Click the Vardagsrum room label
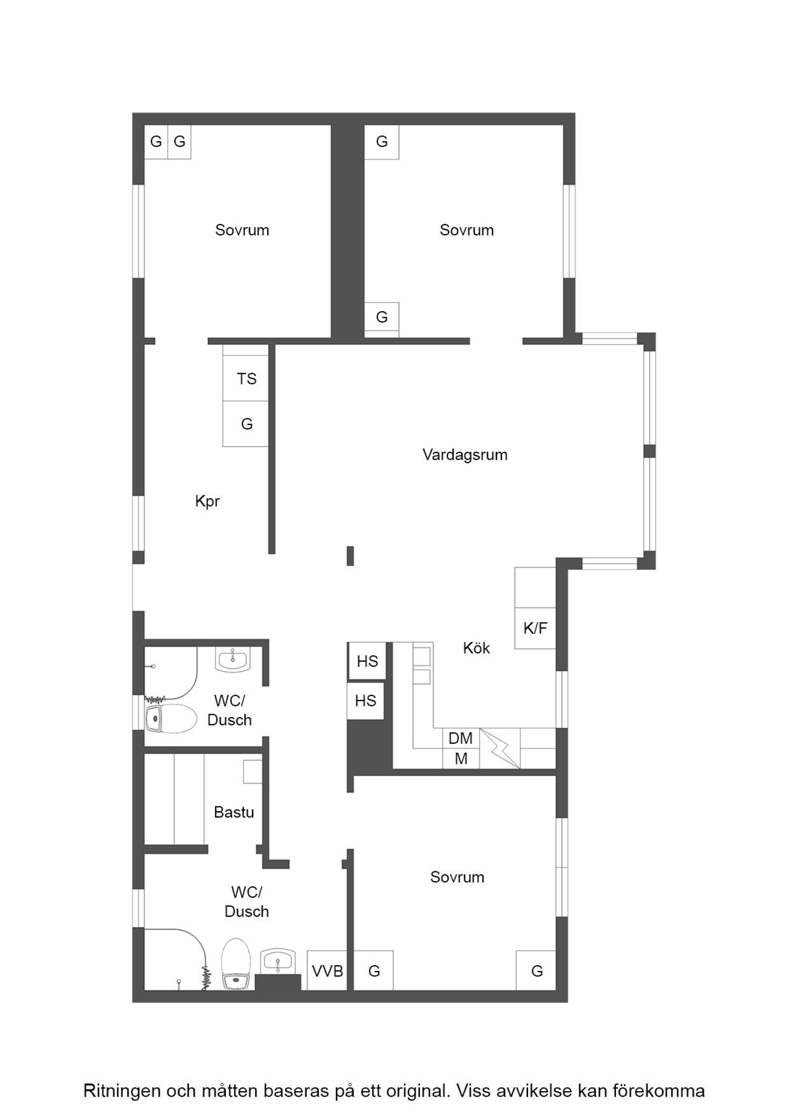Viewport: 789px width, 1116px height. (465, 454)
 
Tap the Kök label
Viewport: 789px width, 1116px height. (476, 648)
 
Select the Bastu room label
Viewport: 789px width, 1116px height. (234, 812)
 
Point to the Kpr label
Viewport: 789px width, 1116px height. (207, 502)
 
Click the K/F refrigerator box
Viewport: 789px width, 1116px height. (535, 628)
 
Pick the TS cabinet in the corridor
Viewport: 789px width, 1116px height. (246, 379)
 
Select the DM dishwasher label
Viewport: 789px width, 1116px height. (461, 738)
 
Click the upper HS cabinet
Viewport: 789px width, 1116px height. (367, 661)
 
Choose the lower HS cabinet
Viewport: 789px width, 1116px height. (365, 701)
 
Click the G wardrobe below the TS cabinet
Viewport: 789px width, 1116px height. (246, 424)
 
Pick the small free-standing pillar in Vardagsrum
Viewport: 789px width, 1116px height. (350, 556)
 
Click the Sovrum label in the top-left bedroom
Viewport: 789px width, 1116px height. (242, 230)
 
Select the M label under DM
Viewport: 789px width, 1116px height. (461, 759)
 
